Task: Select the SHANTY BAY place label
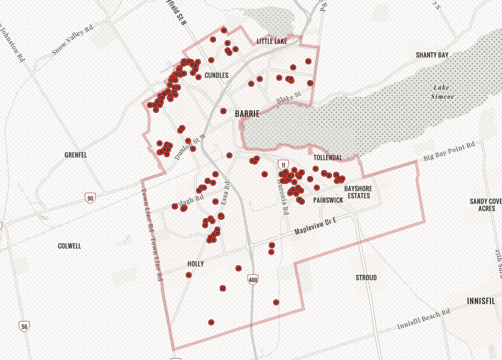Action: [x=432, y=55]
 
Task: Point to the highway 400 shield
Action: [x=253, y=279]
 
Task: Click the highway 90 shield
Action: [x=90, y=199]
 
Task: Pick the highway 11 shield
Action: [x=283, y=165]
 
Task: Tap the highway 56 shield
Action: [x=24, y=327]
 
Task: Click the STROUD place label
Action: [x=366, y=277]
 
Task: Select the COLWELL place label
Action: [x=69, y=246]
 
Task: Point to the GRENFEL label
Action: [x=76, y=155]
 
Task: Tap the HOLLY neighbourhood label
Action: [x=195, y=264]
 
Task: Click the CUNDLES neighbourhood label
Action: [x=217, y=75]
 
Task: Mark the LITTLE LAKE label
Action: [x=271, y=41]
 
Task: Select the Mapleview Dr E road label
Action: [x=315, y=226]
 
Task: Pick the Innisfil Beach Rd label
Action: [x=424, y=319]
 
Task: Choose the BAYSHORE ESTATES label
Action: [x=358, y=192]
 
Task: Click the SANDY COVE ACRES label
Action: [x=486, y=205]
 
